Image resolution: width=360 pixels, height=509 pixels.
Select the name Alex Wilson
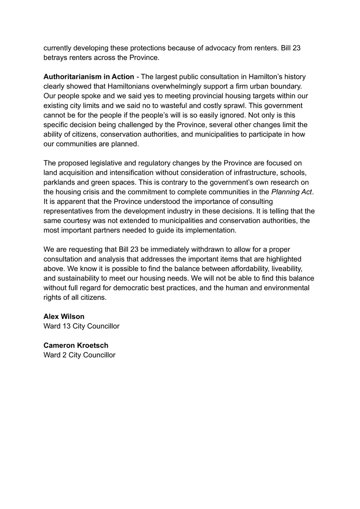tap(64, 316)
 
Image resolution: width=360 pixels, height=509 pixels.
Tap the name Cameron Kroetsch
tap(76, 345)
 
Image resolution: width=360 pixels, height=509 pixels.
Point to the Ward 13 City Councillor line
tap(81, 326)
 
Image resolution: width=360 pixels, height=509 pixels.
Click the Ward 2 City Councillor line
tap(79, 355)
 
